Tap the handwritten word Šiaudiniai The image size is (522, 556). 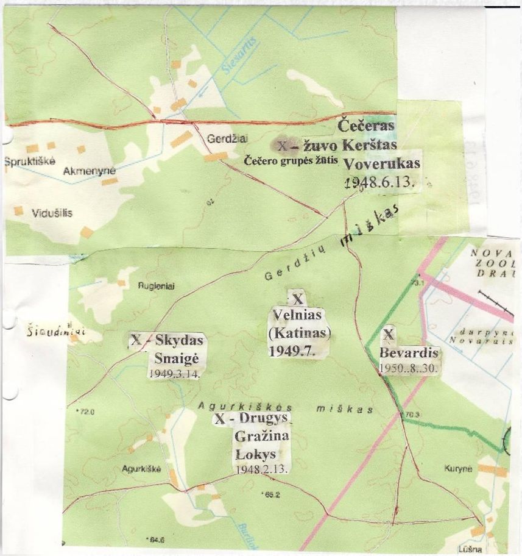coord(55,332)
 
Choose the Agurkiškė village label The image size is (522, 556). coord(141,469)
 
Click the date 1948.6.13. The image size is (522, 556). coord(379,182)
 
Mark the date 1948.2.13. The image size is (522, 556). coord(261,470)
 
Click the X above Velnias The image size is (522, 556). coord(297,299)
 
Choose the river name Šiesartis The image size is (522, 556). coord(240,56)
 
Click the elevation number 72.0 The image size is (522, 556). coord(85,413)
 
